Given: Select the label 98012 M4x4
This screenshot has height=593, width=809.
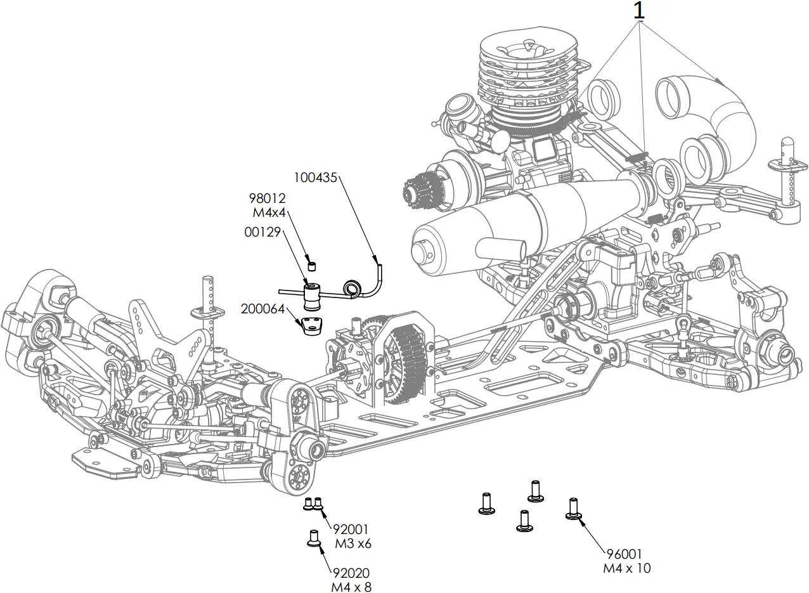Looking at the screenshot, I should [267, 205].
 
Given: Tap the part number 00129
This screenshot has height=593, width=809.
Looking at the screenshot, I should [262, 233].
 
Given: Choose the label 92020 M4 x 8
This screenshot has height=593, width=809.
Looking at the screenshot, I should [351, 580].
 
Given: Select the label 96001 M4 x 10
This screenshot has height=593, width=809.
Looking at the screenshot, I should [626, 561].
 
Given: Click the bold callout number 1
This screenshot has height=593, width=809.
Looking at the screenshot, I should [640, 10].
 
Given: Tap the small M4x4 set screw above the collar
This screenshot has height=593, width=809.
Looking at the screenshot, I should [311, 263].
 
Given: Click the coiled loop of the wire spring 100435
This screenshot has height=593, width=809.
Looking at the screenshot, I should [352, 289].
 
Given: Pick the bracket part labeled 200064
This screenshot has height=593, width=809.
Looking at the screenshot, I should [311, 327].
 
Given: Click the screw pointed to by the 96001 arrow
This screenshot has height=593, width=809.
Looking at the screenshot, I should [573, 509].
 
